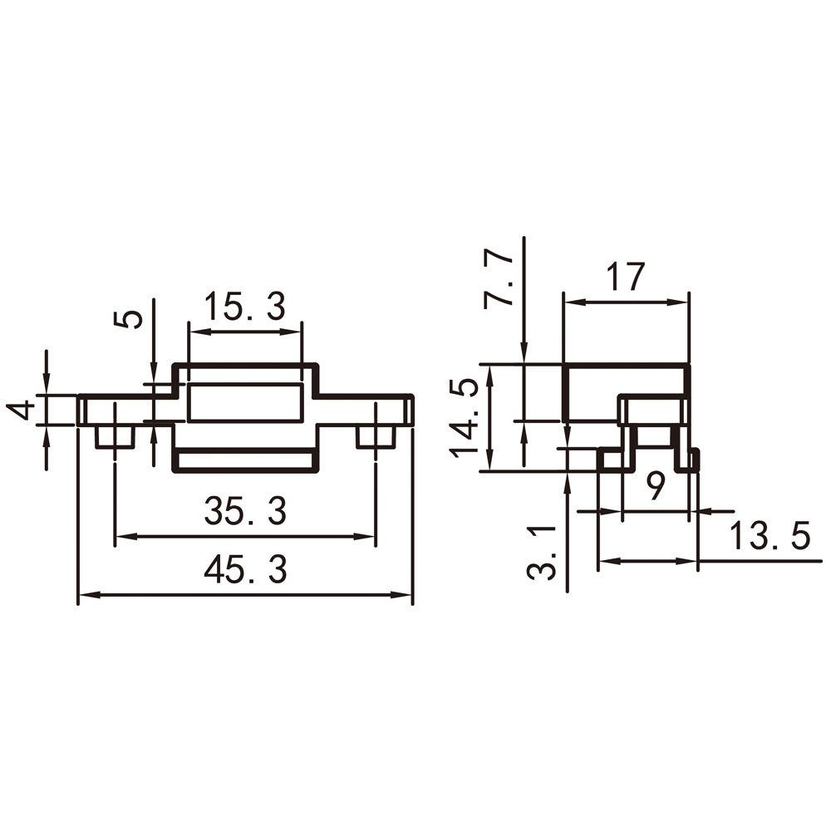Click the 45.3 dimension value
[245, 569]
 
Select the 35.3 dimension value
[245, 511]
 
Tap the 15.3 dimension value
[245, 307]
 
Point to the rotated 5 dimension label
[128, 319]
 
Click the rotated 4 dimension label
[21, 411]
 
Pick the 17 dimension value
[626, 277]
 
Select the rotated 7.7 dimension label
[499, 280]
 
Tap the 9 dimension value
[656, 486]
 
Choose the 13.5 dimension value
[770, 536]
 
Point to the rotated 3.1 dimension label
[542, 553]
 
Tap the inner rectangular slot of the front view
[245, 402]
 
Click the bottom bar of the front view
[246, 460]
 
